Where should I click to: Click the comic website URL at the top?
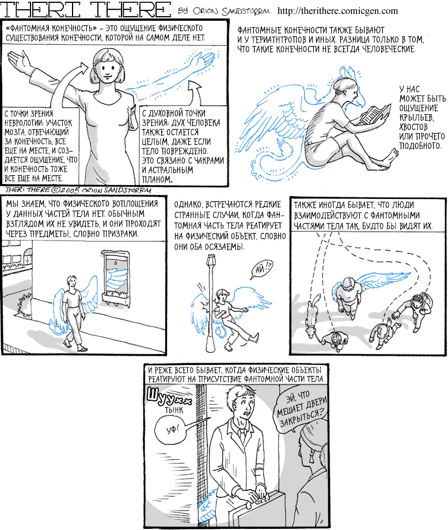pos(337,11)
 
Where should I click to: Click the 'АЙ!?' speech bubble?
pos(261,269)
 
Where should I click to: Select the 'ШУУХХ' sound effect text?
pos(170,396)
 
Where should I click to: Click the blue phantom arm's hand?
pos(204,58)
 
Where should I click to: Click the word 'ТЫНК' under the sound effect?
pos(174,410)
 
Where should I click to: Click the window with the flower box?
pos(116,277)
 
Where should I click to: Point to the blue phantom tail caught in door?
pos(207,505)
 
